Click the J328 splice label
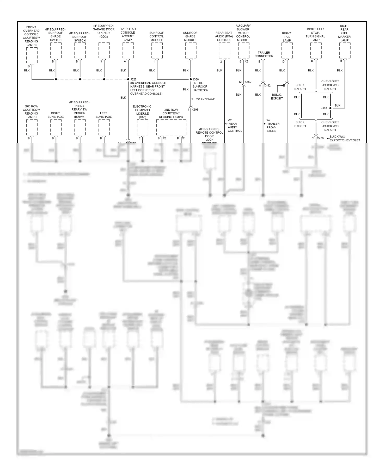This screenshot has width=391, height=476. click(x=133, y=79)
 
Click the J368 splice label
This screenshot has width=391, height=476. click(x=195, y=79)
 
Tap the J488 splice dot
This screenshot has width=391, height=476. click(x=330, y=108)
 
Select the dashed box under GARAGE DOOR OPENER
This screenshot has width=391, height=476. click(x=104, y=51)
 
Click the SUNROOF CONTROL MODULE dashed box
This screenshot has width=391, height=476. click(x=157, y=51)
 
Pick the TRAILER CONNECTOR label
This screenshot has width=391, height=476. click(x=264, y=54)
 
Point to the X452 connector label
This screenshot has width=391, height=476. click(x=248, y=82)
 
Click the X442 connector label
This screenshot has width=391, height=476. click(x=267, y=85)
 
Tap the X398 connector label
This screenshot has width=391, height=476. click(x=195, y=110)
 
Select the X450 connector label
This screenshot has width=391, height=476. click(x=320, y=138)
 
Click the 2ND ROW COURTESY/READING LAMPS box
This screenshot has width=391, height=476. click(x=171, y=127)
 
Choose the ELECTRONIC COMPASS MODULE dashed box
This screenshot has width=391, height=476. click(x=143, y=127)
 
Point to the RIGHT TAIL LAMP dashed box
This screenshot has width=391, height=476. click(x=287, y=51)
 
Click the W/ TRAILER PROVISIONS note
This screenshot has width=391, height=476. click(x=273, y=126)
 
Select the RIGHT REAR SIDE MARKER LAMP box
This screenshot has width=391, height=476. click(x=345, y=51)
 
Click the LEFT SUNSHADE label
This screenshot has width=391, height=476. click(x=103, y=115)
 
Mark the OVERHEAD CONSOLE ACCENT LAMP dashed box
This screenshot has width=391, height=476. click(x=128, y=51)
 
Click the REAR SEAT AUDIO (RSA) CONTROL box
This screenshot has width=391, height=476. click(x=224, y=51)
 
